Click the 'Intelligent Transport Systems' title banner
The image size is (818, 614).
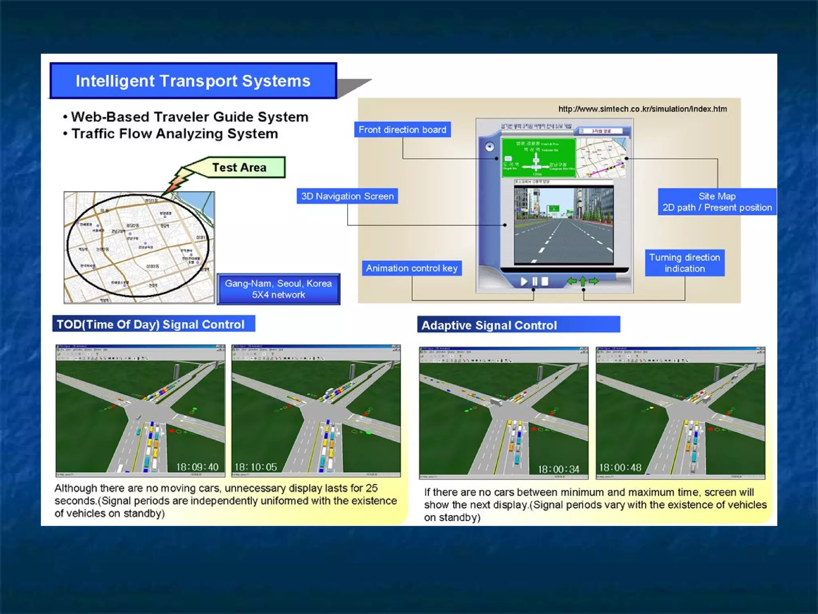click(193, 81)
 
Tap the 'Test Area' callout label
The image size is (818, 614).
click(239, 167)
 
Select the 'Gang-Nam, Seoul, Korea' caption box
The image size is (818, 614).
click(278, 289)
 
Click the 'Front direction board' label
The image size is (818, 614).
click(402, 130)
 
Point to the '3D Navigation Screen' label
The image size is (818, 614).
click(347, 196)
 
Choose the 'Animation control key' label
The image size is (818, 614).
click(412, 268)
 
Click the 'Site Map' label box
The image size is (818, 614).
click(717, 202)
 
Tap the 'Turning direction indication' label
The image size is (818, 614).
click(685, 263)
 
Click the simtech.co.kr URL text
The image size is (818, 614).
click(642, 109)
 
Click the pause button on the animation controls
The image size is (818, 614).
click(535, 281)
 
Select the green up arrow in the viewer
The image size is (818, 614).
click(583, 281)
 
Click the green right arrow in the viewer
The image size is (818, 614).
click(594, 281)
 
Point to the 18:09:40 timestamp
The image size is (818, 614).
click(197, 467)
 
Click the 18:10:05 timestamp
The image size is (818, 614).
click(256, 467)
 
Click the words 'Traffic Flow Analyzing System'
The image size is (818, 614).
click(175, 134)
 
